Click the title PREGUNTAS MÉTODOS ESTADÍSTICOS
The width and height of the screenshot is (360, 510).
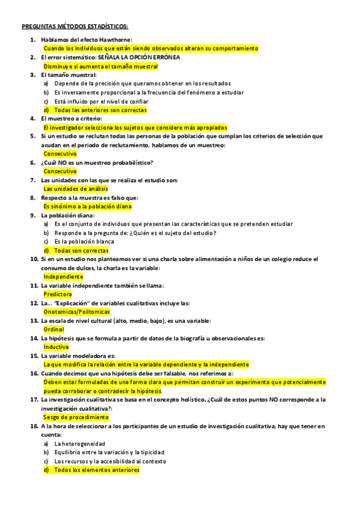click(x=75, y=26)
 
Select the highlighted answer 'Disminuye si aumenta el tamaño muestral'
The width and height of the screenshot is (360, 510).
click(x=100, y=66)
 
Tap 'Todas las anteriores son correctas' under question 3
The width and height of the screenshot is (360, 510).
click(x=99, y=110)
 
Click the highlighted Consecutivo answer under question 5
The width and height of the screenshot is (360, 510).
click(x=60, y=153)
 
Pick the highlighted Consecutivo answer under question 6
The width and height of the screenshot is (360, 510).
click(x=60, y=171)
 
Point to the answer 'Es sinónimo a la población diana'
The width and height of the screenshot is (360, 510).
click(x=87, y=206)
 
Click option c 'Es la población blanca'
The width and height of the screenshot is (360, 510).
click(x=84, y=241)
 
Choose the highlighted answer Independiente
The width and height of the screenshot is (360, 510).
click(x=63, y=277)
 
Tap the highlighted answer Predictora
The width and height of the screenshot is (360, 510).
click(x=58, y=294)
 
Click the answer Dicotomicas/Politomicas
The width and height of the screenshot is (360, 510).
click(x=77, y=312)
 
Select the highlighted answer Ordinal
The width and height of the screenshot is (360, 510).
click(x=53, y=330)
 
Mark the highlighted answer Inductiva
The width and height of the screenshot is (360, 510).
click(x=56, y=347)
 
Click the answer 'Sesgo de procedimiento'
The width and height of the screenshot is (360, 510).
click(x=76, y=417)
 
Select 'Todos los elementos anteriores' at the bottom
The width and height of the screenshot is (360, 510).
click(x=96, y=470)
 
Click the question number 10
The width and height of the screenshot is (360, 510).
click(x=34, y=259)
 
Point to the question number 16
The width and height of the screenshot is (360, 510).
click(x=34, y=373)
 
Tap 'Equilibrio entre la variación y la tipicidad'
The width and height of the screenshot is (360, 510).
click(x=109, y=452)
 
